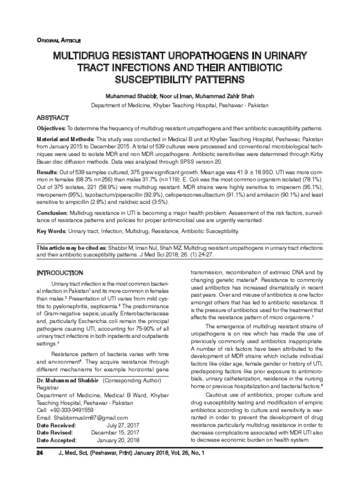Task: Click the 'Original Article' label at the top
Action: (59, 41)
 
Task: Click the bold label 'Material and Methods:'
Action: (66, 140)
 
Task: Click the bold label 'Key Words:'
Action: (52, 232)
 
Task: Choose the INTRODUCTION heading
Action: (60, 273)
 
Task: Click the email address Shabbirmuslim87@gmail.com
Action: (82, 418)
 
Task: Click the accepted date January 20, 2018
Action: (118, 441)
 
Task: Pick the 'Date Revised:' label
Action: (54, 433)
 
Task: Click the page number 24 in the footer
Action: (40, 454)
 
